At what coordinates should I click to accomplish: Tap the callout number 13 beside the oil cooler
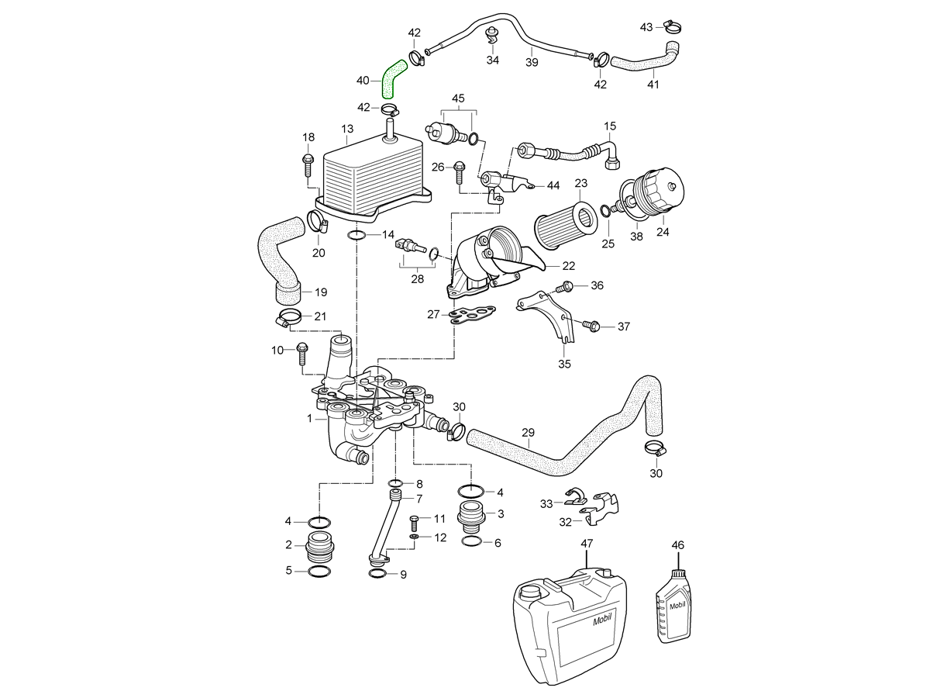(x=346, y=129)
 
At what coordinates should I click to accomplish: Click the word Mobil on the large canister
(x=602, y=620)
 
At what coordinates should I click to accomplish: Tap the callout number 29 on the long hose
(x=529, y=433)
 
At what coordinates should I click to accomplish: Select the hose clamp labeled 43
(x=672, y=28)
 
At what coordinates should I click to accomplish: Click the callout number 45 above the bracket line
(x=458, y=98)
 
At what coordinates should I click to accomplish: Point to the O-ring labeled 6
(x=472, y=541)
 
